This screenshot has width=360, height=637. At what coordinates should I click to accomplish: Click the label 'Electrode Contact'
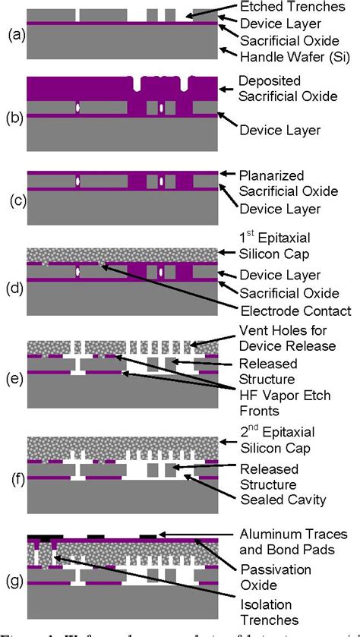tap(294, 311)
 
